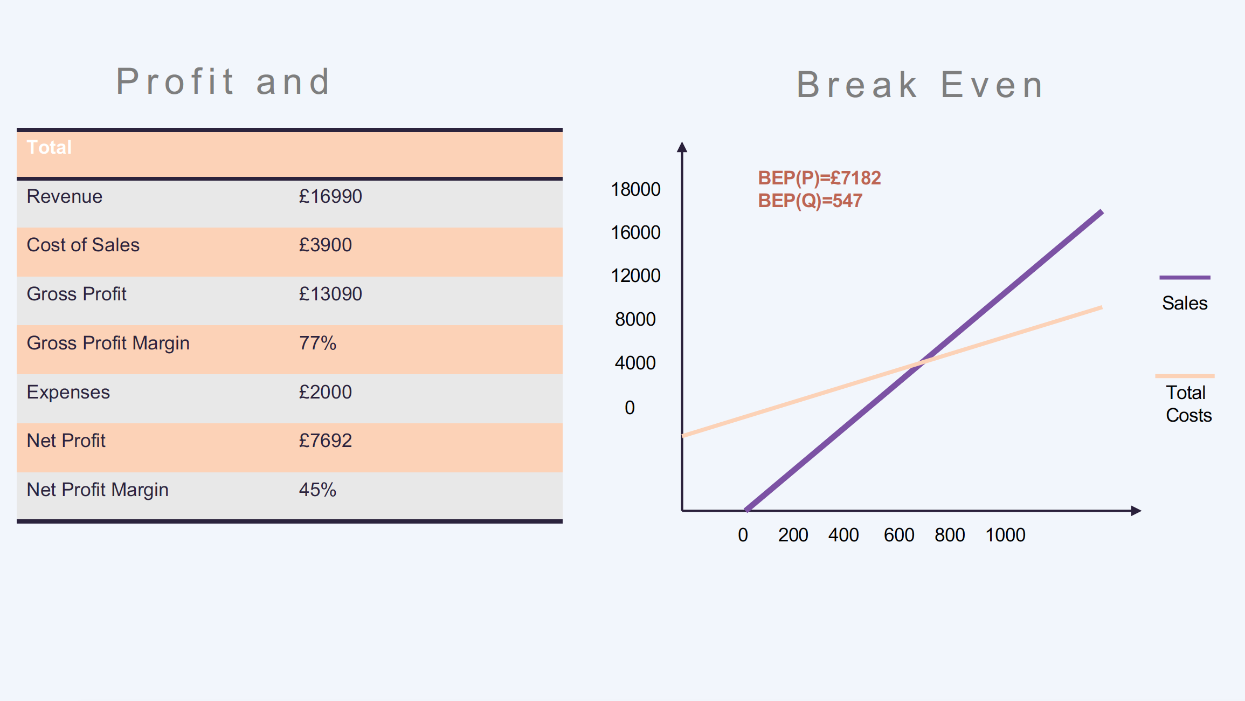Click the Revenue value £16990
(330, 196)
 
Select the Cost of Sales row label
(83, 245)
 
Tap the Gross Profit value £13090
(330, 294)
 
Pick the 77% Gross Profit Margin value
(317, 343)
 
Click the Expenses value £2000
(325, 392)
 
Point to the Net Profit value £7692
(325, 441)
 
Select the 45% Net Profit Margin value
(317, 490)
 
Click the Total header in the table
(49, 147)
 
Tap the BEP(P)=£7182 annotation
(819, 178)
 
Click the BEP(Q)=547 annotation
(810, 201)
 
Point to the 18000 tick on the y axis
(635, 189)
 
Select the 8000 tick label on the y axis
(635, 319)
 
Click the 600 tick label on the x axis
(899, 535)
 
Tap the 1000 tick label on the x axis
(1005, 535)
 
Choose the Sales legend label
(1185, 303)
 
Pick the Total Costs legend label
(1188, 404)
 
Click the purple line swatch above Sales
(1185, 278)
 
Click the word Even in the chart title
(993, 85)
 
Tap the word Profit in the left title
(175, 81)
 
